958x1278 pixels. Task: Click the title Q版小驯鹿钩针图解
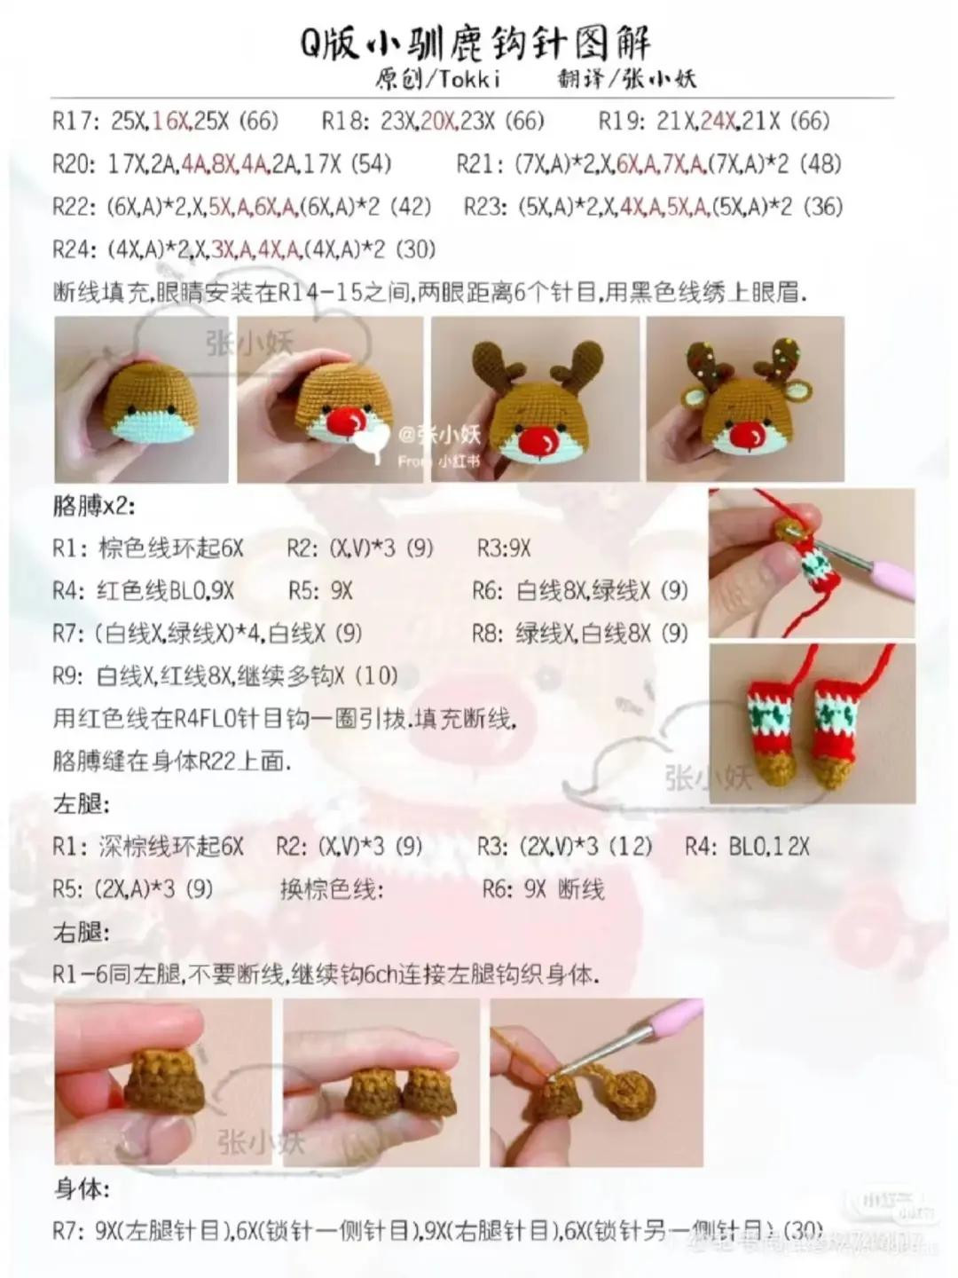475,43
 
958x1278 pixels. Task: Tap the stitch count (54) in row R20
371,163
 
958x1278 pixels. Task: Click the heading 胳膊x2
94,506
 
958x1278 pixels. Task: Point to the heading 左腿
81,804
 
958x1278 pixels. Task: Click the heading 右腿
81,933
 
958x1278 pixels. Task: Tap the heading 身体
81,1189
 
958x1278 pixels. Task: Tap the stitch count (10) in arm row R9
376,676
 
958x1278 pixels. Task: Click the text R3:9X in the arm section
503,548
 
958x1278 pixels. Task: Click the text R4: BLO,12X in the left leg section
747,847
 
